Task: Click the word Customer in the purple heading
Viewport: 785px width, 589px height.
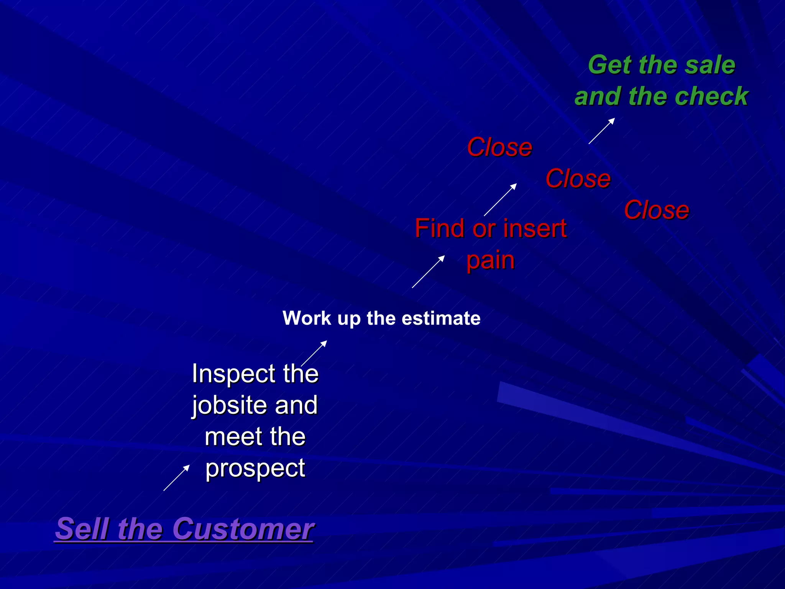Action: tap(243, 529)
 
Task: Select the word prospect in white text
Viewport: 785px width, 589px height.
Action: tap(255, 468)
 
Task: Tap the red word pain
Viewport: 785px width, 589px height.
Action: tap(490, 261)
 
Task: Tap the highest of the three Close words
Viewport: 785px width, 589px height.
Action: tap(499, 147)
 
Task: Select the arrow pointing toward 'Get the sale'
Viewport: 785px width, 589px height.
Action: tap(602, 131)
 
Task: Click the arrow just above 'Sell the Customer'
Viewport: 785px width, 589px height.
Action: tap(177, 478)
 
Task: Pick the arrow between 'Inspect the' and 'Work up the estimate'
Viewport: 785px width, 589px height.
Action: tap(314, 353)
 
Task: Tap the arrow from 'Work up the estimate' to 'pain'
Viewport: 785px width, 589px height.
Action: tap(428, 271)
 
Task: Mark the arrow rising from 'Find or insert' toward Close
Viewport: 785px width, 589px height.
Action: tap(500, 200)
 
